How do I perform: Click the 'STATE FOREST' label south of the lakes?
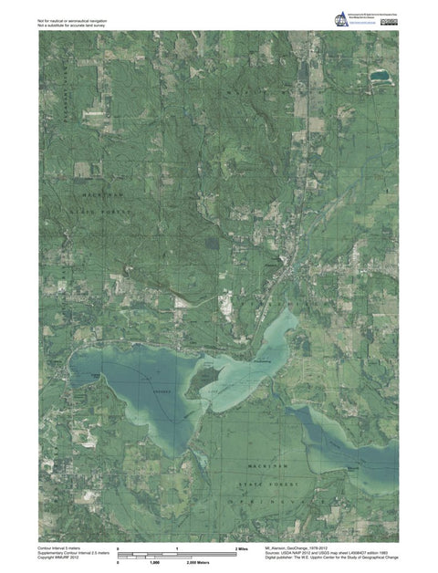pos(265,484)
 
